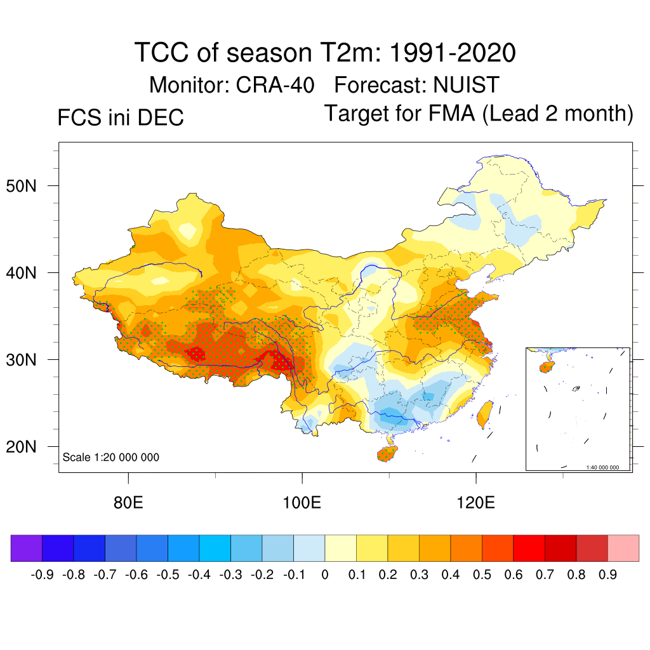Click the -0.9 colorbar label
click(41, 575)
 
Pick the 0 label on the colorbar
click(324, 575)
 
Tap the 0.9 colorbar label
click(607, 575)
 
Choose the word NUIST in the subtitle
click(467, 84)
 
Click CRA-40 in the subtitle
click(275, 84)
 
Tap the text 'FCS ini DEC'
click(121, 117)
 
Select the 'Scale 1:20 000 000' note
click(111, 457)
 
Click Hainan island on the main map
click(388, 453)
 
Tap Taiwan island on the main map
click(486, 412)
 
